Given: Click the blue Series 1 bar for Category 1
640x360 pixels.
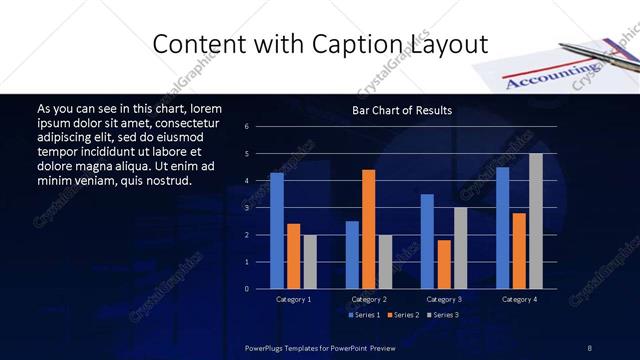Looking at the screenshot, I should click(x=277, y=231).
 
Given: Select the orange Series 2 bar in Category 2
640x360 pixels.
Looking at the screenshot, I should click(x=369, y=229).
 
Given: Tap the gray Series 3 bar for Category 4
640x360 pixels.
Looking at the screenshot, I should click(x=536, y=221).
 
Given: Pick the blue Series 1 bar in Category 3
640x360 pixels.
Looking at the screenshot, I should click(x=427, y=241).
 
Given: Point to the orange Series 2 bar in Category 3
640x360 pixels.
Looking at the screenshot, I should click(x=444, y=264).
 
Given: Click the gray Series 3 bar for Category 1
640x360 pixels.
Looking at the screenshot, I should click(x=310, y=261).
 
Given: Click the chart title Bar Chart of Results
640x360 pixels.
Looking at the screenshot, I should click(x=402, y=110).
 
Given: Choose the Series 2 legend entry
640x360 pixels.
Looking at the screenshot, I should click(x=402, y=315).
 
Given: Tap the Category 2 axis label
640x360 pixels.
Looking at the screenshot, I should click(x=369, y=299).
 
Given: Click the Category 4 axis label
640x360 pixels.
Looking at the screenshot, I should click(x=519, y=299).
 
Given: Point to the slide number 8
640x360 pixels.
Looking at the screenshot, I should click(x=590, y=347).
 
